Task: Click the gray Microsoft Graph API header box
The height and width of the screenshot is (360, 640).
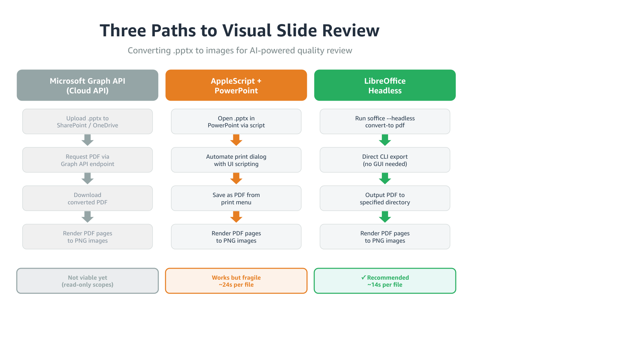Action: pyautogui.click(x=87, y=85)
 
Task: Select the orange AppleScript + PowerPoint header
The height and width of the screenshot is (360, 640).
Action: pyautogui.click(x=236, y=85)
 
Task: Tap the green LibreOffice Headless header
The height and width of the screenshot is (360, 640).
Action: pyautogui.click(x=385, y=85)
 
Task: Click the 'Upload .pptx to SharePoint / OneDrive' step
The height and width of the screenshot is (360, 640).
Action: pyautogui.click(x=87, y=122)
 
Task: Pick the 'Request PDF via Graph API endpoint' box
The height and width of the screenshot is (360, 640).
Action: pyautogui.click(x=87, y=160)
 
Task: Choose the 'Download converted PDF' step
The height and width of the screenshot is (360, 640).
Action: pyautogui.click(x=87, y=198)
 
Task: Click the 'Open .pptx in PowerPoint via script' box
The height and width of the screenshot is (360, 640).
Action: pyautogui.click(x=236, y=122)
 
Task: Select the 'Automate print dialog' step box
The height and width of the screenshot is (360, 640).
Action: pyautogui.click(x=236, y=160)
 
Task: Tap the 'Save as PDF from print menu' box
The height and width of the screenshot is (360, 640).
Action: pyautogui.click(x=236, y=198)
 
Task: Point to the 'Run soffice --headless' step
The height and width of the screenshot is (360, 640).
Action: pyautogui.click(x=385, y=122)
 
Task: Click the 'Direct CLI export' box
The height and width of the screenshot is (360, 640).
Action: pyautogui.click(x=385, y=160)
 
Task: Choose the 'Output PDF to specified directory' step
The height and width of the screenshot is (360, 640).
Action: pyautogui.click(x=385, y=198)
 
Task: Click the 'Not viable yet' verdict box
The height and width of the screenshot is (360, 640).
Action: pyautogui.click(x=87, y=281)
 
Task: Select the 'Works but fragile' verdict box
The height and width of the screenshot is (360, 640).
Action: pyautogui.click(x=236, y=281)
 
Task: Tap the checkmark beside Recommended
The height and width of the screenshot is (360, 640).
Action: pyautogui.click(x=363, y=277)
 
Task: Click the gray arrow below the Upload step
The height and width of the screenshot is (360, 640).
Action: pyautogui.click(x=87, y=140)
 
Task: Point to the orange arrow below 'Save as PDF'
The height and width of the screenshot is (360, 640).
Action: pyautogui.click(x=236, y=217)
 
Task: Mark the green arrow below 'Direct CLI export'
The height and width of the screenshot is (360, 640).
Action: pyautogui.click(x=385, y=178)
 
